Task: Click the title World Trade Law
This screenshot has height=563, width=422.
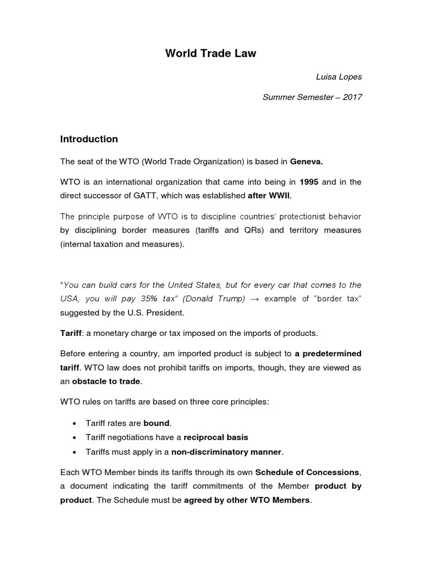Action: pos(211,54)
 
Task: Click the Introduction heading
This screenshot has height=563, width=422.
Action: pos(88,139)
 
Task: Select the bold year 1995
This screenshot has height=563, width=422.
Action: pos(309,181)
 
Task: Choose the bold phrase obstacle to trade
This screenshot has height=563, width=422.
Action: pos(107,381)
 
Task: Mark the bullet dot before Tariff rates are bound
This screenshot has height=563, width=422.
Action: pos(74,423)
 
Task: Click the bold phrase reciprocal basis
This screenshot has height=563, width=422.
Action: pos(215,438)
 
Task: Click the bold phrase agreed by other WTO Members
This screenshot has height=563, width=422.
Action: pos(247,500)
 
